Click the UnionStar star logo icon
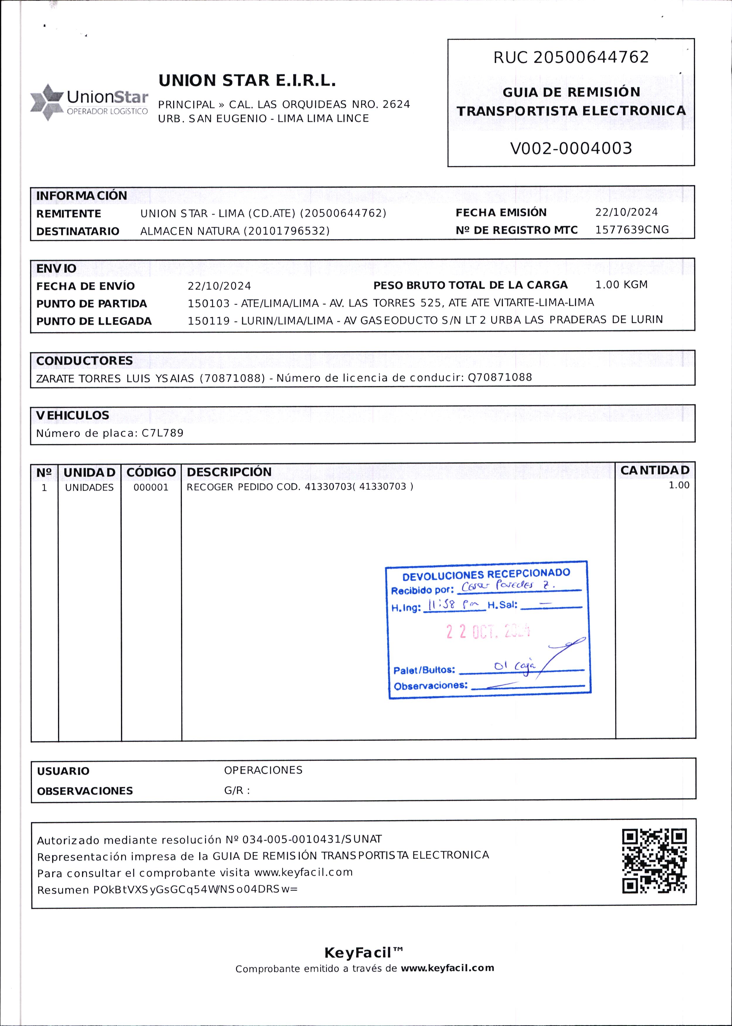[x=47, y=102]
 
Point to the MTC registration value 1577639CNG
[x=632, y=230]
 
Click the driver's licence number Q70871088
[x=500, y=377]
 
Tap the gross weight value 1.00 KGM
[x=621, y=285]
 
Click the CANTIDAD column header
[x=654, y=470]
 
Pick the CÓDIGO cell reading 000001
[x=151, y=488]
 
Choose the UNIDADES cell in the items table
[x=89, y=488]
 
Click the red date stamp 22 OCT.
[x=488, y=632]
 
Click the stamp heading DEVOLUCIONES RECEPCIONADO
[x=486, y=574]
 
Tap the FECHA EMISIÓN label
[x=501, y=213]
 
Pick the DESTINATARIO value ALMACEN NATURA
[x=190, y=231]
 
